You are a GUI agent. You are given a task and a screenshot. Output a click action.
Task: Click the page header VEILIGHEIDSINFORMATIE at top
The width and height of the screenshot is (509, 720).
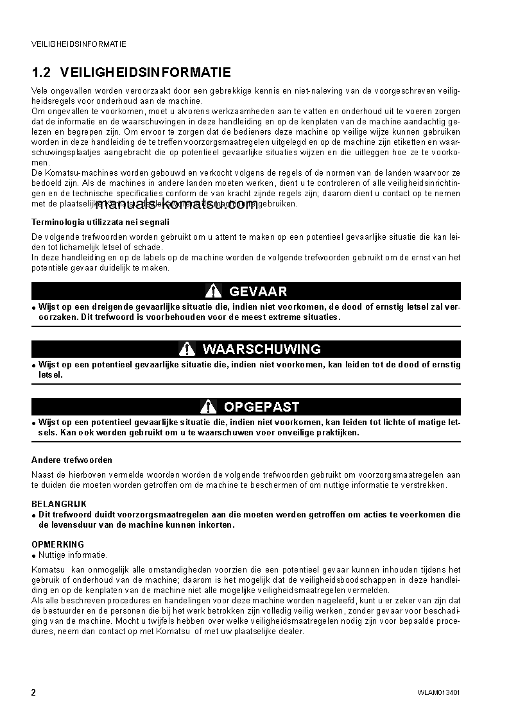[78, 44]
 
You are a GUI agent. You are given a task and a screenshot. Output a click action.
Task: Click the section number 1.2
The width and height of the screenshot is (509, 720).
[42, 72]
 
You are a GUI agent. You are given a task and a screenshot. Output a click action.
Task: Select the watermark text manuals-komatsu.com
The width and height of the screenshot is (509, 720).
[175, 205]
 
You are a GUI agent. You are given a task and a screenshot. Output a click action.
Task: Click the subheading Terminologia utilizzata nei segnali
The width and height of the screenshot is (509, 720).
[101, 222]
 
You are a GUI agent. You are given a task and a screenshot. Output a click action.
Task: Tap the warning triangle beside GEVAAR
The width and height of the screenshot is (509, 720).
[214, 291]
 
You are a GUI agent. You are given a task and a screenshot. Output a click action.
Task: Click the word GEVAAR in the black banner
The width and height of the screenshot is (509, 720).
[258, 291]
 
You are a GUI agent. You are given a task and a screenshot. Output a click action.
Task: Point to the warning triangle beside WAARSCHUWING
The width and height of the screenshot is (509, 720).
[187, 349]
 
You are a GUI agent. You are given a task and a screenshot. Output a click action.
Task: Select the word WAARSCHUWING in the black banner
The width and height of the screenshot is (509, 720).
[261, 349]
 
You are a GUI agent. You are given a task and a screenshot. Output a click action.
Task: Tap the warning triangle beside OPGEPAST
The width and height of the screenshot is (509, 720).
[208, 406]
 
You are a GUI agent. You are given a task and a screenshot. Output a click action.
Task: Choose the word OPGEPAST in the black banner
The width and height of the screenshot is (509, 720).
[261, 406]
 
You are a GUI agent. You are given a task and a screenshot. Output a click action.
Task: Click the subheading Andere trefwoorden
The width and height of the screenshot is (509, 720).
[72, 460]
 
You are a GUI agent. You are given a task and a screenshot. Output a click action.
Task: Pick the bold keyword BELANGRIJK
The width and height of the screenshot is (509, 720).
[59, 505]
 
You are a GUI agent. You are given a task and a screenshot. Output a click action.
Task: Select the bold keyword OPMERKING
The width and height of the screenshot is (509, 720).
[58, 545]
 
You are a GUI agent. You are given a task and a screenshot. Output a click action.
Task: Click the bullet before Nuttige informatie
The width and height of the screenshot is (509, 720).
[33, 556]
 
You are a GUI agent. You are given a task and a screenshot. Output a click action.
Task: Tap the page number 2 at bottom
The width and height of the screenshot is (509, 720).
[33, 692]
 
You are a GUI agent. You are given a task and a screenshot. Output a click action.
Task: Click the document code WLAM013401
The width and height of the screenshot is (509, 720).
[438, 693]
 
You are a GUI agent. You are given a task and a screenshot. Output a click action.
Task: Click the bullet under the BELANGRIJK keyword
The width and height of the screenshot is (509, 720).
[33, 515]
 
